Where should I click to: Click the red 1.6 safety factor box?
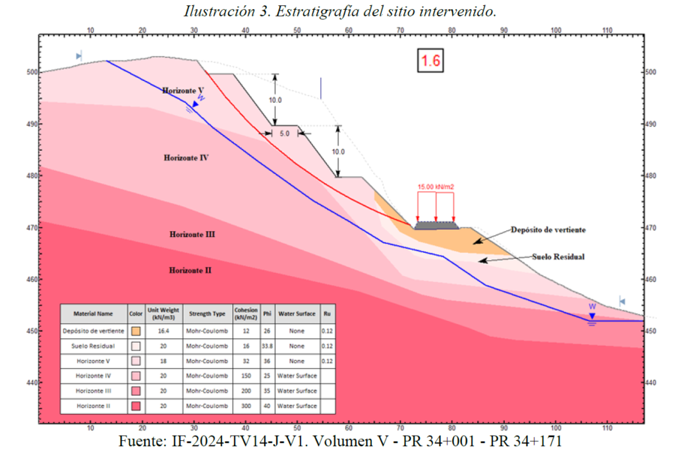[x=430, y=61]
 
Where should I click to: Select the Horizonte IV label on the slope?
[x=187, y=158]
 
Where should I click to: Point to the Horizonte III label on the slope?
[x=192, y=234]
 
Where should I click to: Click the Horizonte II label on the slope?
[x=190, y=270]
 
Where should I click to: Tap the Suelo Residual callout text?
[x=558, y=256]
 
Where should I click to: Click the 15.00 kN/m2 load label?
[x=436, y=187]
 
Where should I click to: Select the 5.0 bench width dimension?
[x=285, y=133]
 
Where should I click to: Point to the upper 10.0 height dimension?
[x=275, y=100]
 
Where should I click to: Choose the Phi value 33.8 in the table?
[x=267, y=345]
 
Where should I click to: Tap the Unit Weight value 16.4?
[x=163, y=330]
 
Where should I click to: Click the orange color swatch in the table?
[x=136, y=331]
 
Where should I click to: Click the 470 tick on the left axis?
[x=30, y=228]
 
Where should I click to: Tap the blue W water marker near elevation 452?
[x=592, y=307]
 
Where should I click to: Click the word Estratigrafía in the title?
[x=328, y=11]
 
